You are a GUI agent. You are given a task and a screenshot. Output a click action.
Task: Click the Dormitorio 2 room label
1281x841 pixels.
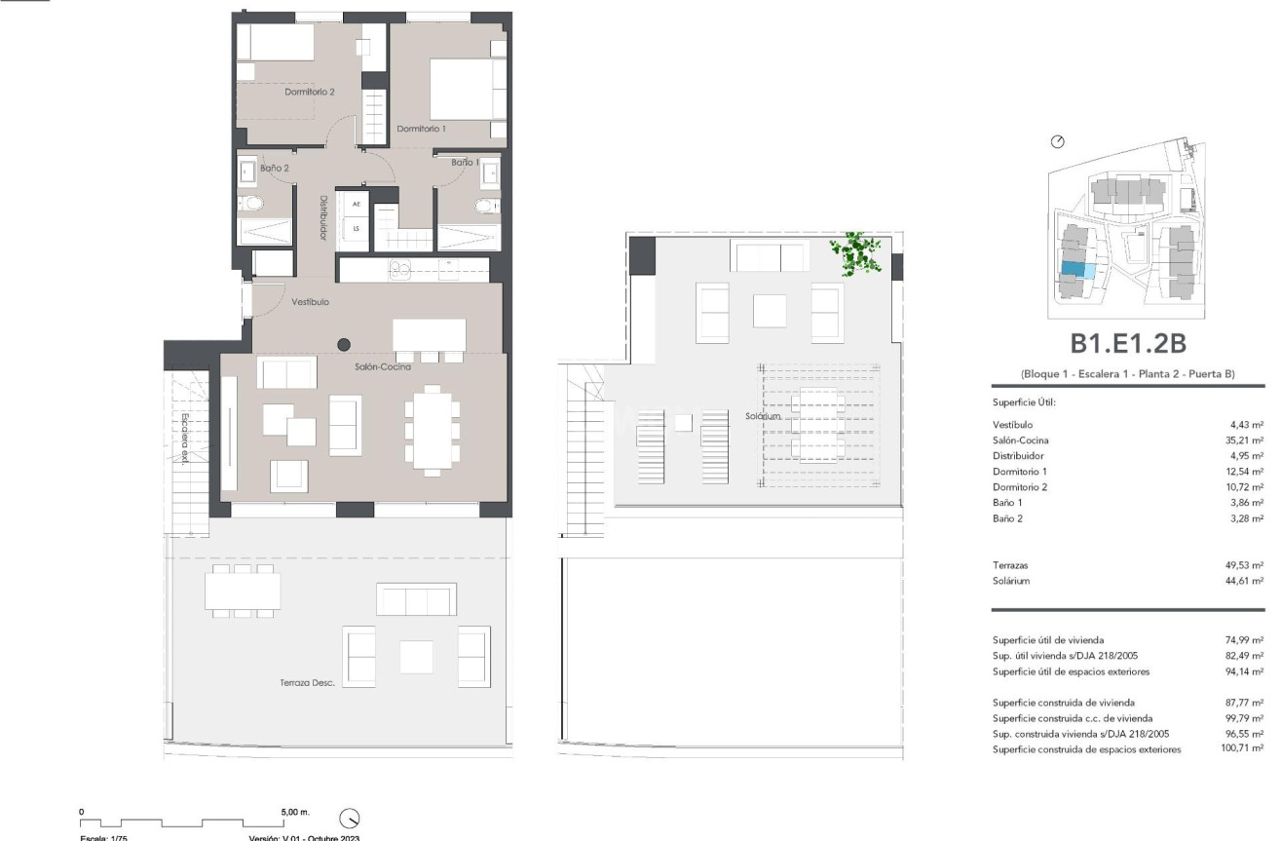(x=310, y=93)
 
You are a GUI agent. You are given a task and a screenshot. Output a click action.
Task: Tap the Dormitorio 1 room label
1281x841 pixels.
(x=421, y=129)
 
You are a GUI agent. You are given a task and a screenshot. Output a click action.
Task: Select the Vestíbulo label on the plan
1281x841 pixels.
(x=311, y=303)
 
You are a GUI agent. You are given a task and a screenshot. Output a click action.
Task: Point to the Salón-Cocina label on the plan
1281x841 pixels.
(x=382, y=367)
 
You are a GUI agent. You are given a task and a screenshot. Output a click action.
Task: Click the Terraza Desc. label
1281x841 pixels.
(x=308, y=683)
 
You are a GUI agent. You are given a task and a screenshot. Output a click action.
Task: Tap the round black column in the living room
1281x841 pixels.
(x=344, y=344)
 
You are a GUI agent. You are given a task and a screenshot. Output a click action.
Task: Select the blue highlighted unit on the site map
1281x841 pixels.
(x=1073, y=270)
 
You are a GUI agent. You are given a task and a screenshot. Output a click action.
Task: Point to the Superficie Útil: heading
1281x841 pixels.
(x=1024, y=401)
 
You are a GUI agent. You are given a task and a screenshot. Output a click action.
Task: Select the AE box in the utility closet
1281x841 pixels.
(x=357, y=204)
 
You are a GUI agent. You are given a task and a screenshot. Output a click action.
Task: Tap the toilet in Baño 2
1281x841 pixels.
(x=252, y=204)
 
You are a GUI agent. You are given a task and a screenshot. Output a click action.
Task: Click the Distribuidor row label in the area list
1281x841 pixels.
(x=1018, y=456)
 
